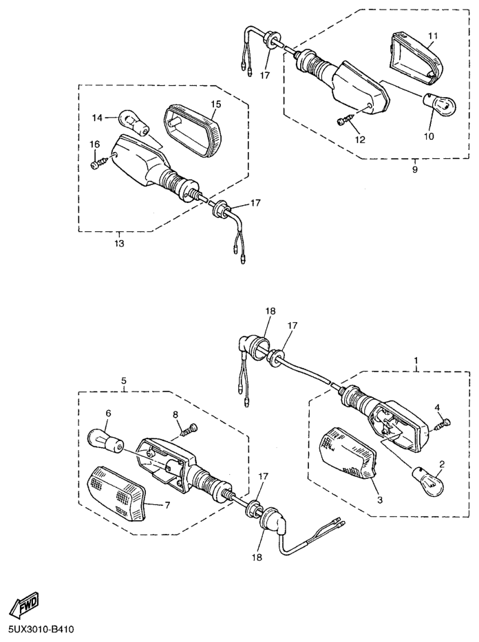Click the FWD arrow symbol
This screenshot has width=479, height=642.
click(24, 605)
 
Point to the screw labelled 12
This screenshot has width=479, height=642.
click(346, 120)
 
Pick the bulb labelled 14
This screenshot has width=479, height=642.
click(134, 122)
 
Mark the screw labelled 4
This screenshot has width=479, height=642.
click(441, 423)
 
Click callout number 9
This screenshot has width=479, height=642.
click(415, 169)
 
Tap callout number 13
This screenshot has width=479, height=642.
click(120, 244)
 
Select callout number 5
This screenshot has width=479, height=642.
click(124, 381)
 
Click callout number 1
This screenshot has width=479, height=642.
click(416, 361)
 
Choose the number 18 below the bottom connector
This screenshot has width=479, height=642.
click(257, 557)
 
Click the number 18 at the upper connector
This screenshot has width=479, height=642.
click(270, 311)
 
